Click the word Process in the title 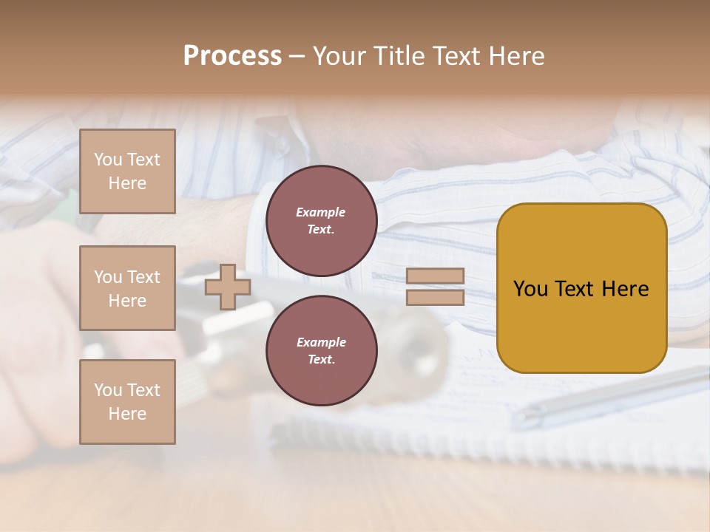point(232,56)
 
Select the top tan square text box point(127,171)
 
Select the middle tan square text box point(127,288)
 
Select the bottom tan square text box point(127,402)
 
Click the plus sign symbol point(228,287)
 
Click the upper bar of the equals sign point(436,276)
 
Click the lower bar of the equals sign point(436,297)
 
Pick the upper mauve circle point(321,221)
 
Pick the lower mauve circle point(321,351)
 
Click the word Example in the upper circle point(321,212)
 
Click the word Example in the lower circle point(321,342)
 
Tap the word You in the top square point(107,160)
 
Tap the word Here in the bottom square point(127,414)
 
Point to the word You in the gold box point(530,289)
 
